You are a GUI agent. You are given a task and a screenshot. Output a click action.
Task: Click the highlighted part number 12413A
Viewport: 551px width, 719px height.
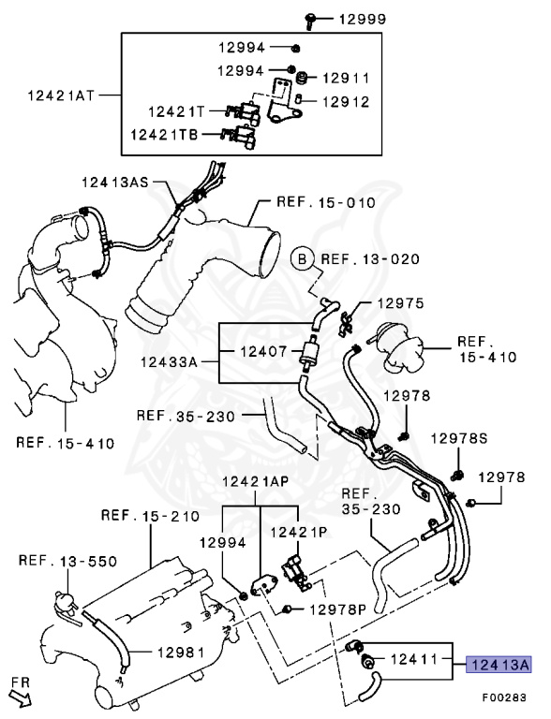click(x=499, y=664)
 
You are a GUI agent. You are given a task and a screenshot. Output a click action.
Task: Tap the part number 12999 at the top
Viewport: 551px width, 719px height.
click(x=363, y=20)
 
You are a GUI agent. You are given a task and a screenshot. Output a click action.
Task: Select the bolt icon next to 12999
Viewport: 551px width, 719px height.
click(x=310, y=22)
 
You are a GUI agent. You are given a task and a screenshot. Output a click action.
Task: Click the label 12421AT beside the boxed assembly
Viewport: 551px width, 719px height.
click(x=61, y=95)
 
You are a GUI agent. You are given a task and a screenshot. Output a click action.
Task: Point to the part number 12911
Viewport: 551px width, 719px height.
click(x=346, y=79)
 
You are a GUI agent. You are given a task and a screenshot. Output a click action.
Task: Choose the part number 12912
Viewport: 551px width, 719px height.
click(x=346, y=101)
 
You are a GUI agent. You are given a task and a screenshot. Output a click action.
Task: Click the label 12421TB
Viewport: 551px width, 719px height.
click(x=164, y=135)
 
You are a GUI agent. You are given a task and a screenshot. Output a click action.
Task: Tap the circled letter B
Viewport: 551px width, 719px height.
click(x=302, y=259)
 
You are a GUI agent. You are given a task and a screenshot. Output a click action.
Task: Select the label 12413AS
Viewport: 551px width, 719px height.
click(x=115, y=182)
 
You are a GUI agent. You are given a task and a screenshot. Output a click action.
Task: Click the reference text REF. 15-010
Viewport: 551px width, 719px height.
click(x=326, y=202)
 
